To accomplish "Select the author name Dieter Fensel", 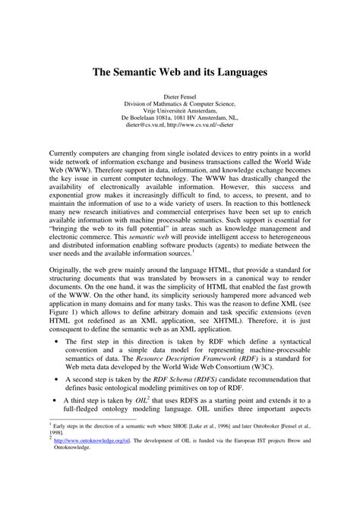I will click(x=179, y=97).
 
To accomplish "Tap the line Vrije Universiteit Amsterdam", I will click(x=179, y=111).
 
